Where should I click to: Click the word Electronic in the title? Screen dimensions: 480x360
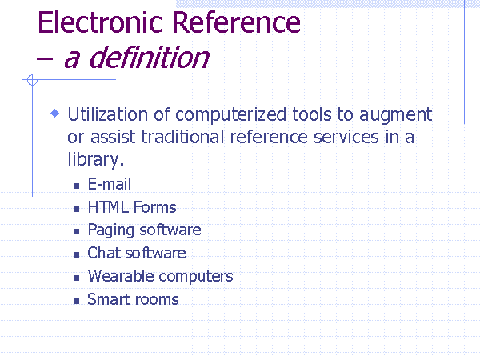(x=100, y=22)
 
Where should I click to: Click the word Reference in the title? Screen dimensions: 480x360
(x=236, y=22)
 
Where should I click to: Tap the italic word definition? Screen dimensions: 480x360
(x=149, y=58)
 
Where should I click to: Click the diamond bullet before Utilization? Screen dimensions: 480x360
(x=54, y=114)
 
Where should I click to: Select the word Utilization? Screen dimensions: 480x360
(x=107, y=114)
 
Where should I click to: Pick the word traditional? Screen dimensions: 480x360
(x=182, y=137)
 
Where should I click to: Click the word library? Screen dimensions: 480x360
(x=95, y=160)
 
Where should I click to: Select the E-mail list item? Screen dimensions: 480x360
(x=110, y=184)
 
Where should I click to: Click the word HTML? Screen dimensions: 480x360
(x=108, y=207)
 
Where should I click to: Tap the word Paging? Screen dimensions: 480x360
(x=111, y=230)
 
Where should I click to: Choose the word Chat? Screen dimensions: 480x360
(x=104, y=253)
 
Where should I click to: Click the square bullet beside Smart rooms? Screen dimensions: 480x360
(x=77, y=302)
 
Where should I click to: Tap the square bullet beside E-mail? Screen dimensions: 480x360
(x=77, y=186)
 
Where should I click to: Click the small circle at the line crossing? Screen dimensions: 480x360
(x=32, y=80)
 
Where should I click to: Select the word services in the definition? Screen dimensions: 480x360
(x=346, y=137)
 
